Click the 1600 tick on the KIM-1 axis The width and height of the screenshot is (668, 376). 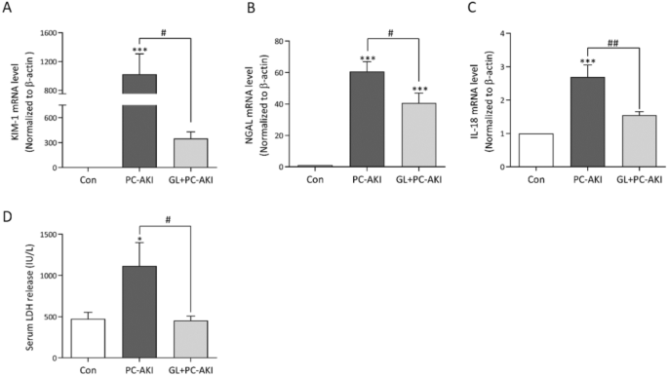(x=44, y=33)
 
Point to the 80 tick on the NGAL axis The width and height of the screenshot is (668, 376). (x=278, y=42)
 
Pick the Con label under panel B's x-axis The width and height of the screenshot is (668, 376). (x=312, y=178)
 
